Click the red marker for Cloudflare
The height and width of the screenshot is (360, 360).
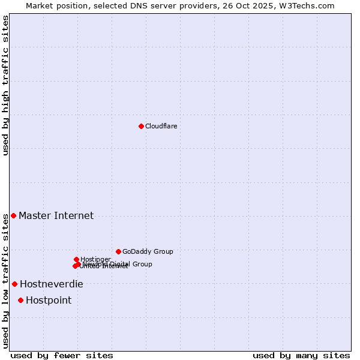click(x=141, y=126)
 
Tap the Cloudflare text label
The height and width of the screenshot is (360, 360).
click(x=161, y=126)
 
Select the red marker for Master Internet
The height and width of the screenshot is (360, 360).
click(x=13, y=215)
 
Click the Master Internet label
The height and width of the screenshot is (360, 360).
click(x=56, y=216)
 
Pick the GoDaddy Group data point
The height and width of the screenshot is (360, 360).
click(x=118, y=251)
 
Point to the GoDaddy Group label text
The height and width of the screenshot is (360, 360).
click(x=148, y=252)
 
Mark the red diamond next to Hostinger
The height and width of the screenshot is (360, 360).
click(x=76, y=259)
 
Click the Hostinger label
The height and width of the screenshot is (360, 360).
click(x=95, y=259)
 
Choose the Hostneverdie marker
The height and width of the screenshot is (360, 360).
click(x=14, y=284)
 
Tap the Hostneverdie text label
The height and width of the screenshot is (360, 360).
click(x=52, y=284)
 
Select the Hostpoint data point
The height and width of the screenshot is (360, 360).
click(x=20, y=300)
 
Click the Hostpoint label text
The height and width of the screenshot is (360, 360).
click(x=49, y=301)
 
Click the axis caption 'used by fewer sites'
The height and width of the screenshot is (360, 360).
click(x=62, y=355)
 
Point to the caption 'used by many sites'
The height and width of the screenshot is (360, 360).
click(x=301, y=355)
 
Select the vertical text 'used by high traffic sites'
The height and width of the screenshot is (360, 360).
click(x=5, y=85)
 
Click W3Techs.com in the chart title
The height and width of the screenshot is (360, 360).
click(x=310, y=5)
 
